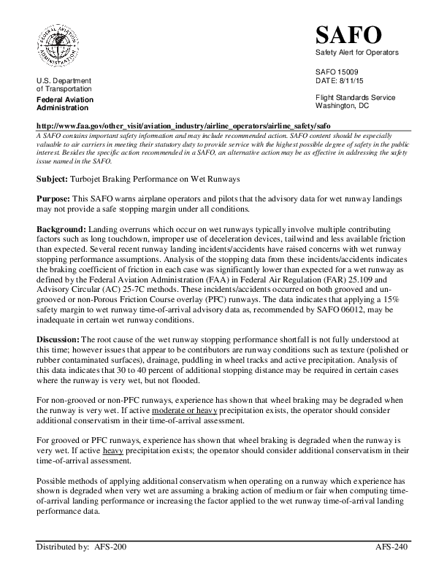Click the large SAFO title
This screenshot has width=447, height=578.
tap(348, 34)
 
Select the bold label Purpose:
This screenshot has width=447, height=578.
tap(53, 199)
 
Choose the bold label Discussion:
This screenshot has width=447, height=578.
tap(59, 339)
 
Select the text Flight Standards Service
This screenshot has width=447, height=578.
tap(355, 98)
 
